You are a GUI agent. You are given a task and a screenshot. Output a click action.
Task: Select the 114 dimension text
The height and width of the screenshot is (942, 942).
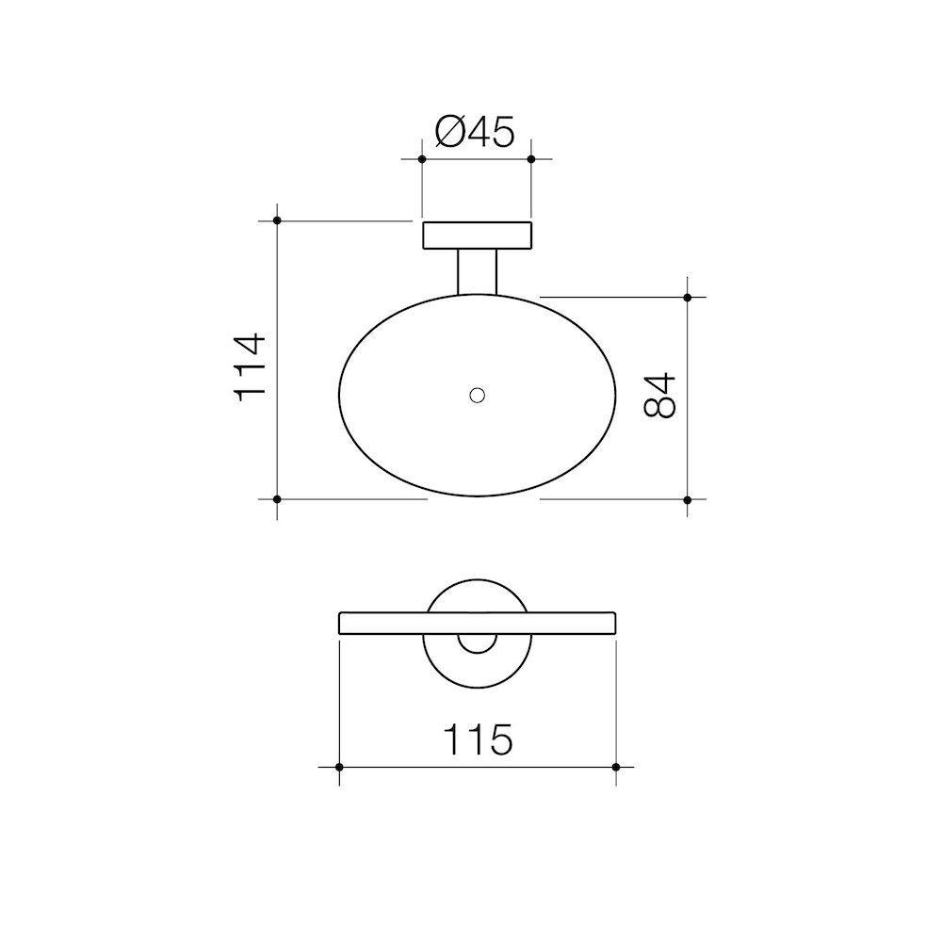(x=250, y=367)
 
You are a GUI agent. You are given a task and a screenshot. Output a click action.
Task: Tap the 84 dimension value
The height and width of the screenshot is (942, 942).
(x=659, y=396)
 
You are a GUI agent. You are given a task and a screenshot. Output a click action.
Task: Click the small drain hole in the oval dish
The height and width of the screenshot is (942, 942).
(x=478, y=396)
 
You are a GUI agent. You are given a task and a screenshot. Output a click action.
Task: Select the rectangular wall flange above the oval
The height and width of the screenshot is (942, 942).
(x=478, y=235)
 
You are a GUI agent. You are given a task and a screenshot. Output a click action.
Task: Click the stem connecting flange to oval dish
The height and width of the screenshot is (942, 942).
(x=478, y=272)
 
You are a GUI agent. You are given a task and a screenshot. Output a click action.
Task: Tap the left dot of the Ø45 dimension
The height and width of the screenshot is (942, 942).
(x=422, y=159)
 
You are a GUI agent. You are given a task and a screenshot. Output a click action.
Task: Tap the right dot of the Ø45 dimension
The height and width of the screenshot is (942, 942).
(x=531, y=159)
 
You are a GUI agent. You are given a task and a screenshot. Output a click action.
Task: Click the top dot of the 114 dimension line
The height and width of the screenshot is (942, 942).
(x=277, y=221)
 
